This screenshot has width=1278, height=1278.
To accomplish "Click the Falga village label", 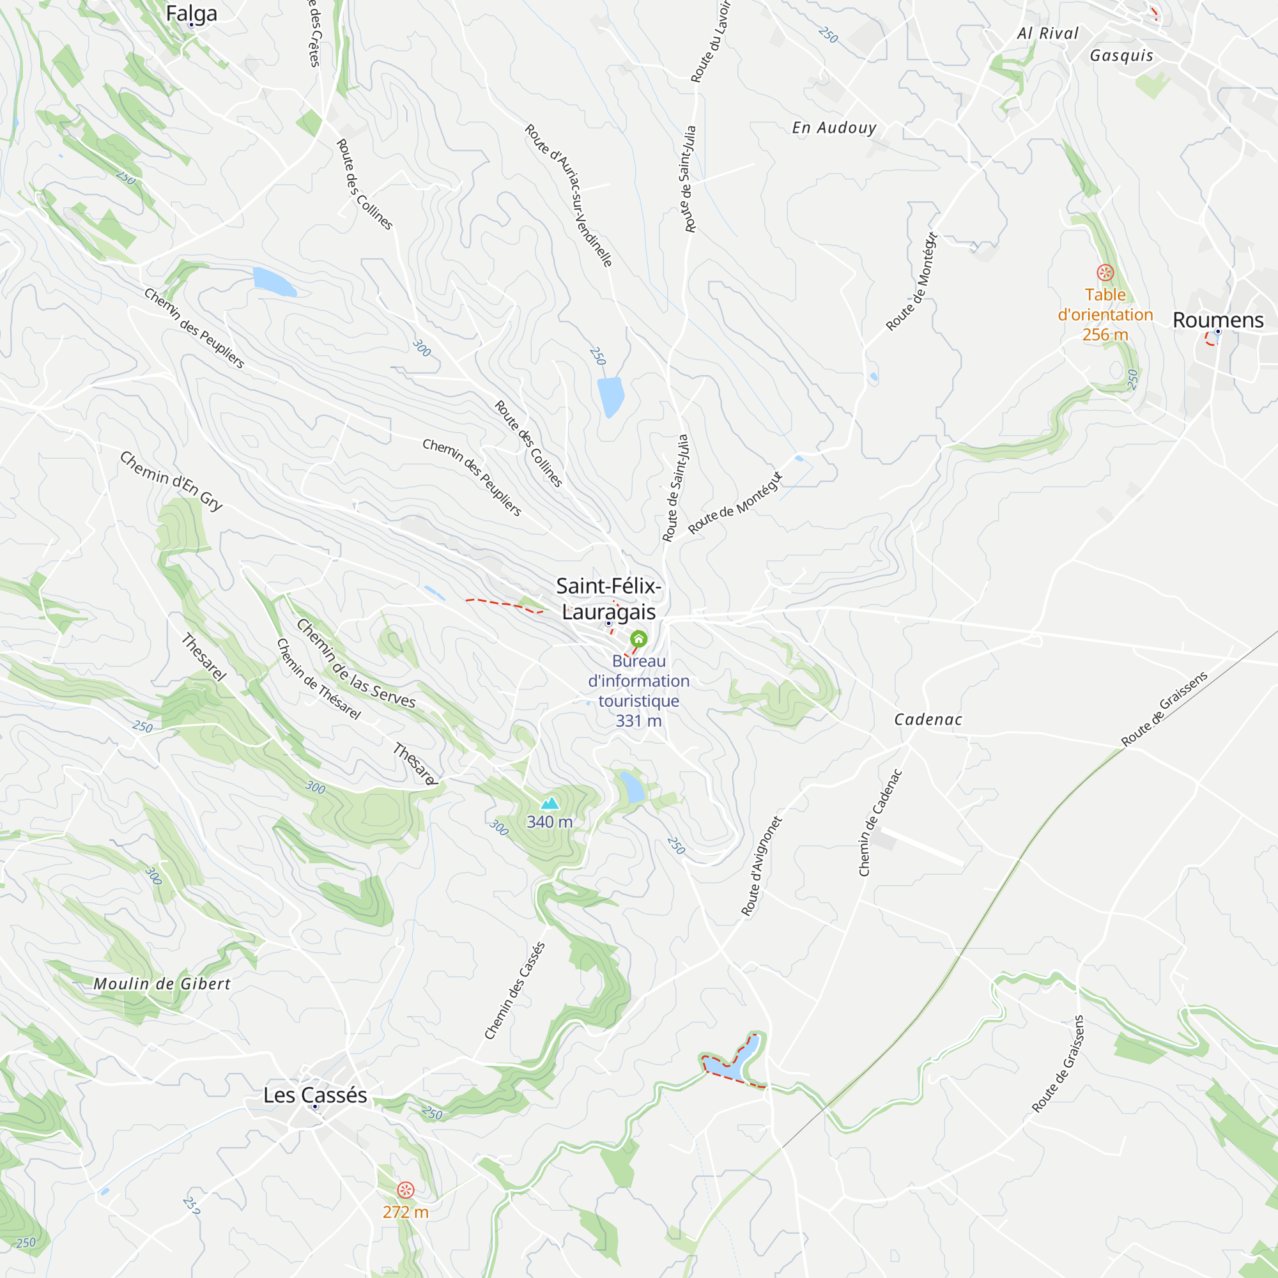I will coord(191,13).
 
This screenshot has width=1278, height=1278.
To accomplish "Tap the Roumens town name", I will coord(1218,320).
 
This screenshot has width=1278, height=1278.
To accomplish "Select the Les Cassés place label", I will coord(315,1095).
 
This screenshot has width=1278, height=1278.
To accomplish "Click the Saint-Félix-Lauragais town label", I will coord(608,599).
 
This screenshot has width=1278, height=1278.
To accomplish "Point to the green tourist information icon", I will coord(638,639).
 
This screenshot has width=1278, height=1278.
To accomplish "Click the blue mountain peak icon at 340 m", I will coord(550,804).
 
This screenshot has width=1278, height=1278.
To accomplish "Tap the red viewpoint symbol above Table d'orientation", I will coord(1105,273).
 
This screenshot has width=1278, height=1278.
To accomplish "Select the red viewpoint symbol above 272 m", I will coord(406,1190).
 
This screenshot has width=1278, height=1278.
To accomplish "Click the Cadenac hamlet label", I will coord(928,720).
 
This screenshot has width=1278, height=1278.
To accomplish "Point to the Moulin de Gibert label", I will coord(162,983).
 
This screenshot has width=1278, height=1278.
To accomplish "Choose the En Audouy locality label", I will coord(834,128).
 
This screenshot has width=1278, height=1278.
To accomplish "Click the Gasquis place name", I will coord(1121,56).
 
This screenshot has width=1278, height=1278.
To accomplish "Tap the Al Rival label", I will coord(1048,33).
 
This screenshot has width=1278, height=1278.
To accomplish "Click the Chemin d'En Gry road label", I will coord(171,481).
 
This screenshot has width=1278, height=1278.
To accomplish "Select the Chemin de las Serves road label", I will coord(356,663).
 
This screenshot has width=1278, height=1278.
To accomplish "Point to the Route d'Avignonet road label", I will coord(762,866).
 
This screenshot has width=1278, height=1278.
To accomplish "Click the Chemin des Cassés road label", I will coord(514,990).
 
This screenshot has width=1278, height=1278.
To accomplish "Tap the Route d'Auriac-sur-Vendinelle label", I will coord(569,194).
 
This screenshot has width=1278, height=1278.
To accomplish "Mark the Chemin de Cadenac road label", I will coord(880,822).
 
